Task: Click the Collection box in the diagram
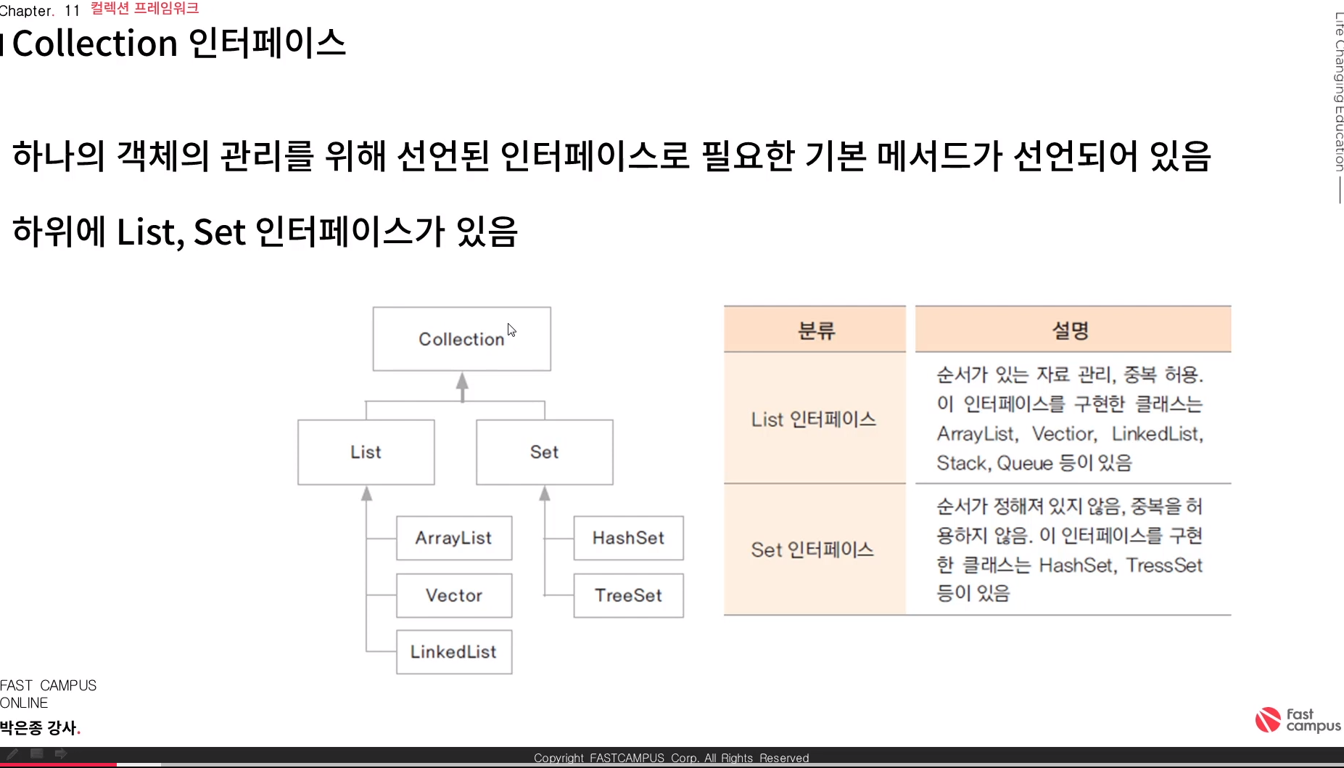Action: click(461, 339)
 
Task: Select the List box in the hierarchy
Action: click(366, 452)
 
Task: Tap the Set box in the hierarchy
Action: click(544, 452)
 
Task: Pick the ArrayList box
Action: click(453, 538)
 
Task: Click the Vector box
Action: click(453, 595)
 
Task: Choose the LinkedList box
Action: click(453, 652)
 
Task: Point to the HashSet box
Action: click(628, 538)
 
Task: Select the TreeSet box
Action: click(628, 595)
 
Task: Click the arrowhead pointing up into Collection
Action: click(462, 381)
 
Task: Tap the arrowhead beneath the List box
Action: click(367, 494)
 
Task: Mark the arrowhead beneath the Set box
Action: click(545, 494)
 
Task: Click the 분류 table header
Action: click(815, 330)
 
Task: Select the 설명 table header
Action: click(1071, 330)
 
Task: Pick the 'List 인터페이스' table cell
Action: click(814, 419)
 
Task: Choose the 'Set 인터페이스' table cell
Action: click(812, 550)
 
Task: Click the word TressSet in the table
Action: click(1164, 565)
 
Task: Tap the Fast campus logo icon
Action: click(1268, 719)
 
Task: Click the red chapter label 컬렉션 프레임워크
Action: click(144, 9)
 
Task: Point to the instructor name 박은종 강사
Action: click(38, 727)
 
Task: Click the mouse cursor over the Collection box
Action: click(511, 330)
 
